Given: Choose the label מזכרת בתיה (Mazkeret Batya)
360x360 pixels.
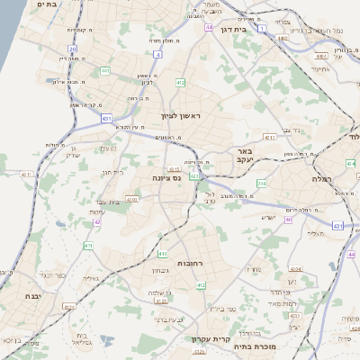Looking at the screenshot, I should (x=253, y=346).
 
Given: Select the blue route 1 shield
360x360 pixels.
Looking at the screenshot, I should (x=261, y=29).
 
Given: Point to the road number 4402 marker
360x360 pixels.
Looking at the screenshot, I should (x=283, y=38).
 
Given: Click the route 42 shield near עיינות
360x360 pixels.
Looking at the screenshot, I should (x=97, y=220).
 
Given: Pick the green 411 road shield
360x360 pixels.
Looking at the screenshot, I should (x=88, y=244).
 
